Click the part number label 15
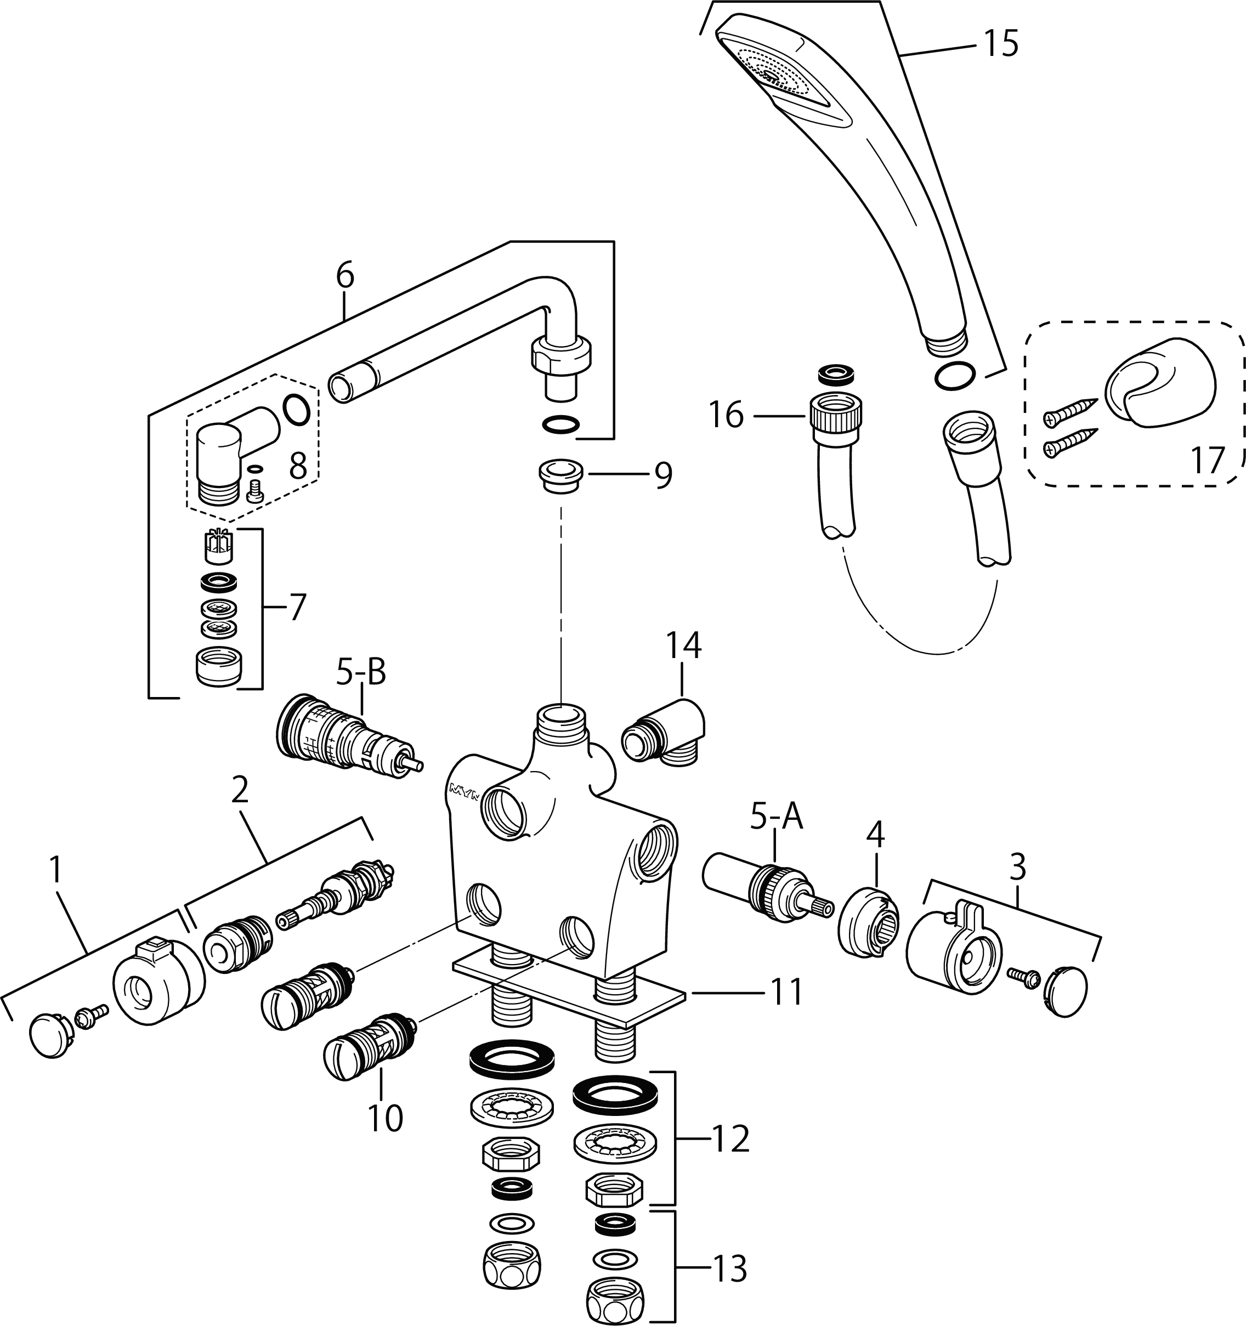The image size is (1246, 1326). click(998, 44)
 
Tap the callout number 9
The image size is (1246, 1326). click(663, 475)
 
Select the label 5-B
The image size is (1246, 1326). click(361, 673)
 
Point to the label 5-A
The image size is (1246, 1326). click(777, 818)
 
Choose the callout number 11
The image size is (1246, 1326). click(788, 993)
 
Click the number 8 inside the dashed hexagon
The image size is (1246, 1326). click(298, 467)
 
